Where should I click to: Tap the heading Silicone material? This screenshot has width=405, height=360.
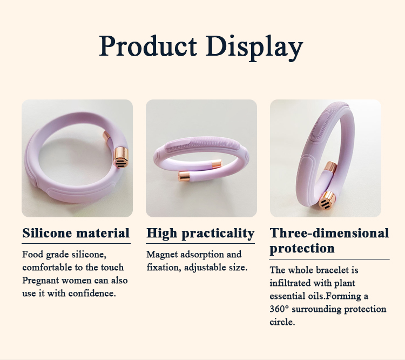click(x=76, y=234)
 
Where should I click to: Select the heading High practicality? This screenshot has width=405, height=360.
click(x=200, y=234)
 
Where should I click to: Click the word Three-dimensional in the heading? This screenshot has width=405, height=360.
click(x=329, y=234)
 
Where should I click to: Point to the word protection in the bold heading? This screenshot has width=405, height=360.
click(x=302, y=249)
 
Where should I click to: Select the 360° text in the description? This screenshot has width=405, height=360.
click(x=279, y=309)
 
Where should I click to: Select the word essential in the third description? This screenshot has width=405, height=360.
click(x=288, y=296)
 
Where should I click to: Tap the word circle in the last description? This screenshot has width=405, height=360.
click(x=281, y=322)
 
